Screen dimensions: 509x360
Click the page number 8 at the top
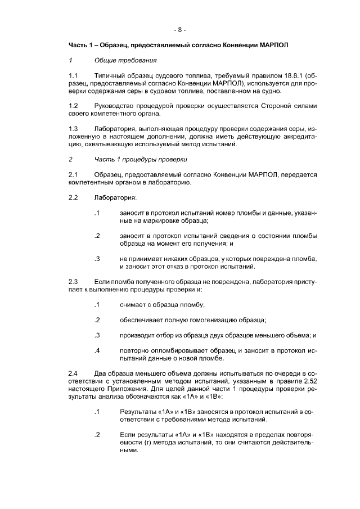pos(180,29)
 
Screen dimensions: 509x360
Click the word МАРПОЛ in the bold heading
pos(272,44)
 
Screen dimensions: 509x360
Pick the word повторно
pos(134,351)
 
